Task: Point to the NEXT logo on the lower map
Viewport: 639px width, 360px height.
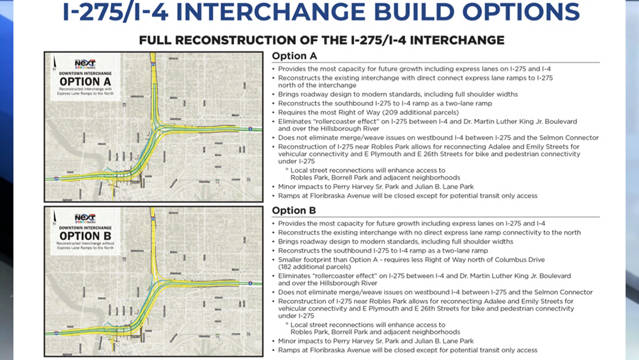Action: [x=85, y=217]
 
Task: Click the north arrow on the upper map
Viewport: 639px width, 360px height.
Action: [x=55, y=61]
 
